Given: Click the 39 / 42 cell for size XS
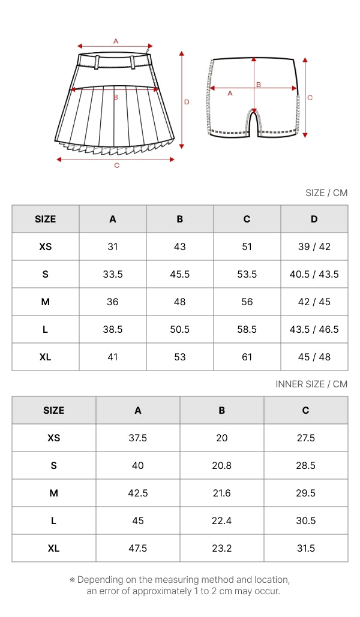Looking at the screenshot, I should click(314, 246).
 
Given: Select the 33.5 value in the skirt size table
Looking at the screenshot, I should click(113, 274).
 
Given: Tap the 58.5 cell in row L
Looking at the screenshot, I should click(247, 329).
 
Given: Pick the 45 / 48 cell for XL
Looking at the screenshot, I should click(314, 357).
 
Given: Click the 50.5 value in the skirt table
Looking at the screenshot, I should click(179, 329).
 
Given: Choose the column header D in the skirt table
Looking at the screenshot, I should click(314, 219).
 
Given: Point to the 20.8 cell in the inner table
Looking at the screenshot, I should click(221, 465).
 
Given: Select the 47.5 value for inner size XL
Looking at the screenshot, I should click(138, 548).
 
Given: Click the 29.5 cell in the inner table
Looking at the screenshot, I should click(305, 493).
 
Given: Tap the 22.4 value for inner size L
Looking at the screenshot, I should click(221, 520).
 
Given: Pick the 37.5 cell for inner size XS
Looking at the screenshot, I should click(138, 438).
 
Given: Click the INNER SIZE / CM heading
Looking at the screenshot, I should click(311, 384).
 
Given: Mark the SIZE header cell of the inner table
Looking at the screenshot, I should click(53, 410).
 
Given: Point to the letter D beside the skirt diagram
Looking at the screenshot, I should click(187, 102).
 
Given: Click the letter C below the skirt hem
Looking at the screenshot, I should click(116, 165).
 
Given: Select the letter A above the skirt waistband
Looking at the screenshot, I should click(116, 41).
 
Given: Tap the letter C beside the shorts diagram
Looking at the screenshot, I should click(310, 97).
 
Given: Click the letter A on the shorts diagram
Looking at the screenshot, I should click(230, 94).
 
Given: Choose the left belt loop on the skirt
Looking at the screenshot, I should click(97, 61).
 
